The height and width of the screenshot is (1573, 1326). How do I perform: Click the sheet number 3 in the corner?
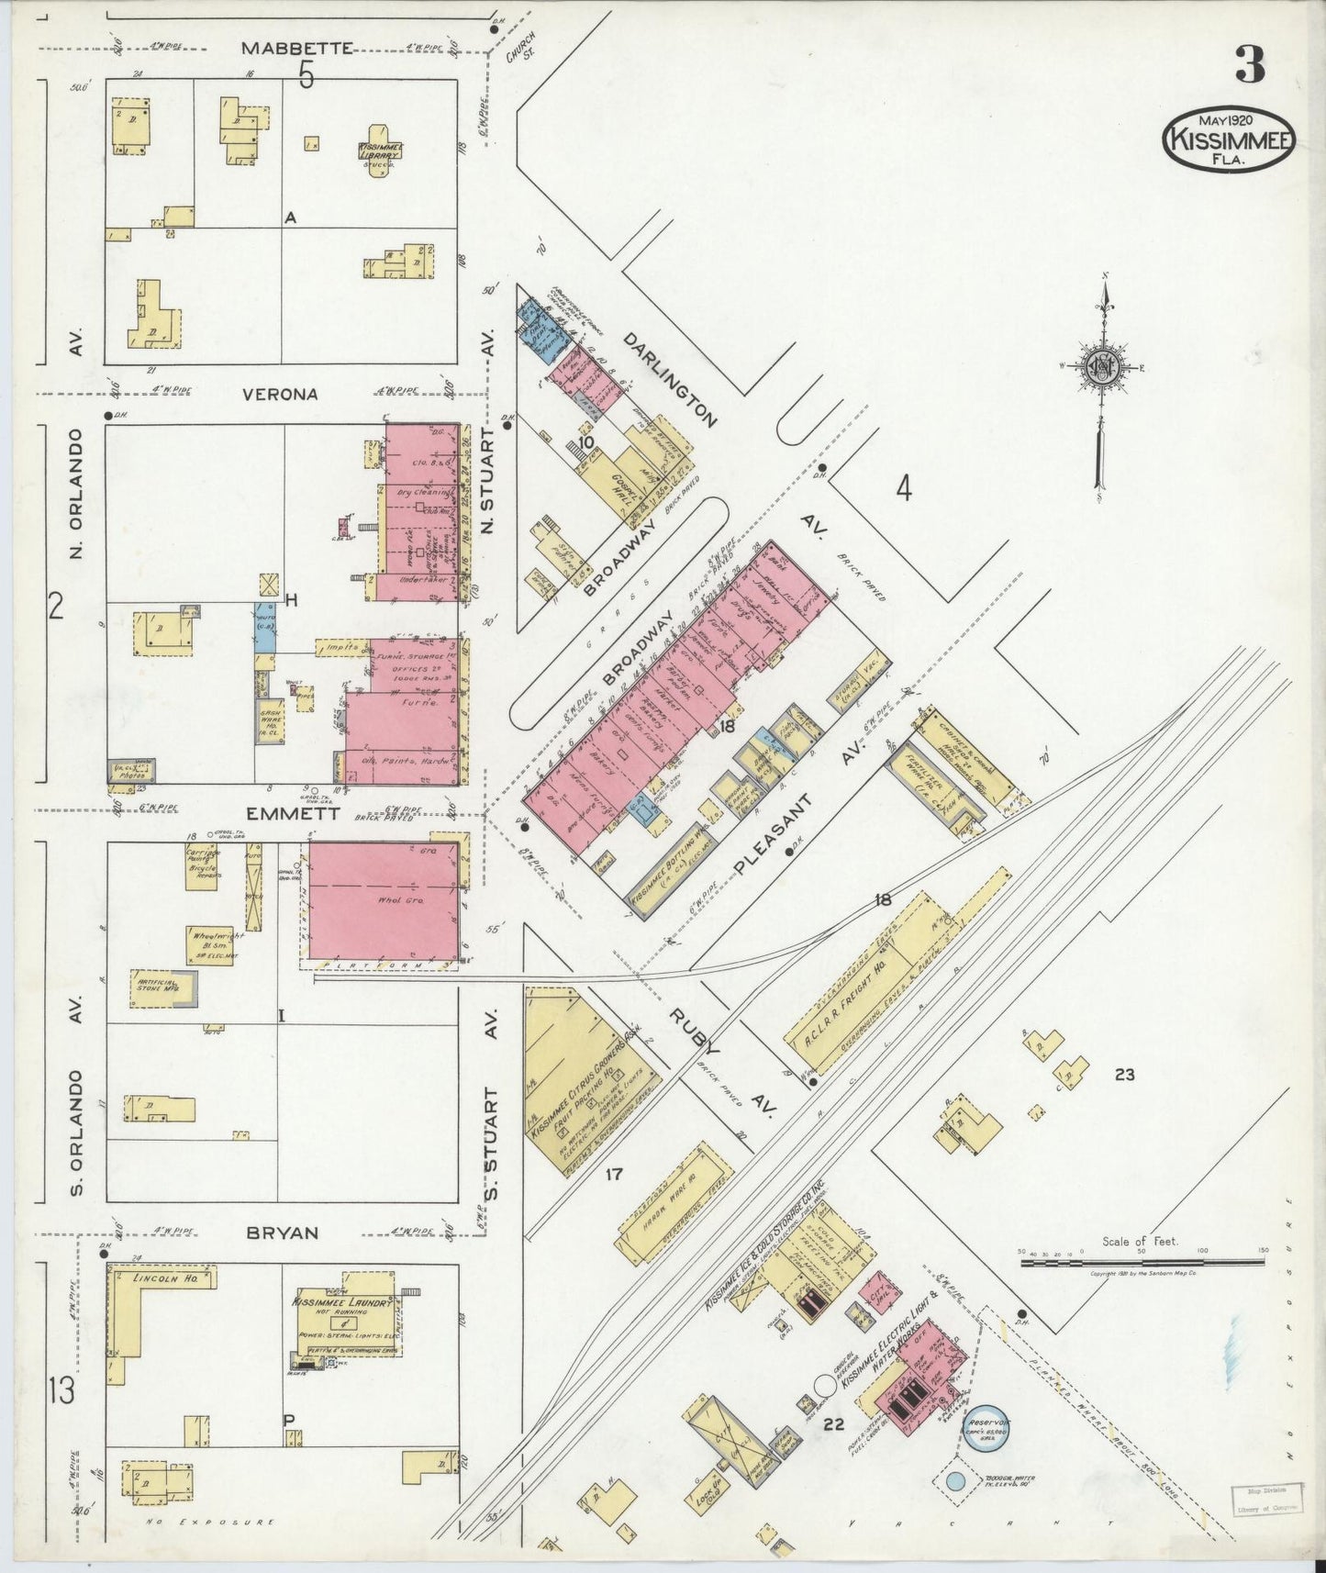1249,64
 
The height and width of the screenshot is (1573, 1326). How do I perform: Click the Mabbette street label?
298,48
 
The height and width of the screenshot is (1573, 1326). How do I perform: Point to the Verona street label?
280,394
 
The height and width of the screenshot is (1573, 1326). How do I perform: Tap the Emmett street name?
280,813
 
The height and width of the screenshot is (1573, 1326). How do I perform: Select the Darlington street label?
670,379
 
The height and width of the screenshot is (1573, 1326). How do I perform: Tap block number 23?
1124,1074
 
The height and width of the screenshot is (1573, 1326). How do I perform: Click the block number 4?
903,490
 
